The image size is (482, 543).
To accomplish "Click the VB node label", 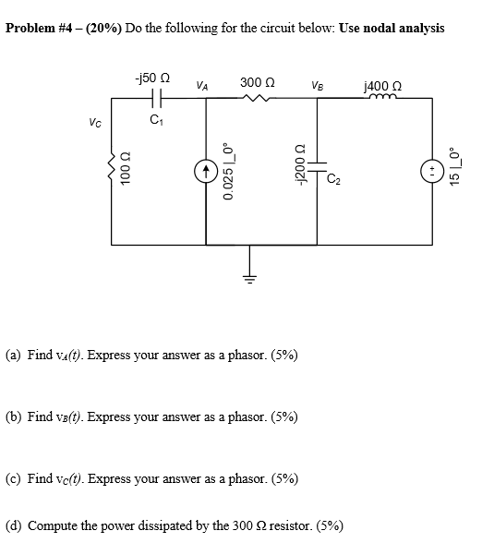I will pyautogui.click(x=317, y=86).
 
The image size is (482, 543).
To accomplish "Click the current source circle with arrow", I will pyautogui.click(x=205, y=171).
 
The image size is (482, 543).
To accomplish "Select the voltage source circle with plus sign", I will pyautogui.click(x=430, y=172).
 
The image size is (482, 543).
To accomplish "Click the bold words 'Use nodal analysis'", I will pyautogui.click(x=392, y=28).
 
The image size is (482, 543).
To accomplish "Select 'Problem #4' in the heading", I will pyautogui.click(x=40, y=28).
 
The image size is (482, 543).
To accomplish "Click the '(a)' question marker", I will pyautogui.click(x=16, y=354).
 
